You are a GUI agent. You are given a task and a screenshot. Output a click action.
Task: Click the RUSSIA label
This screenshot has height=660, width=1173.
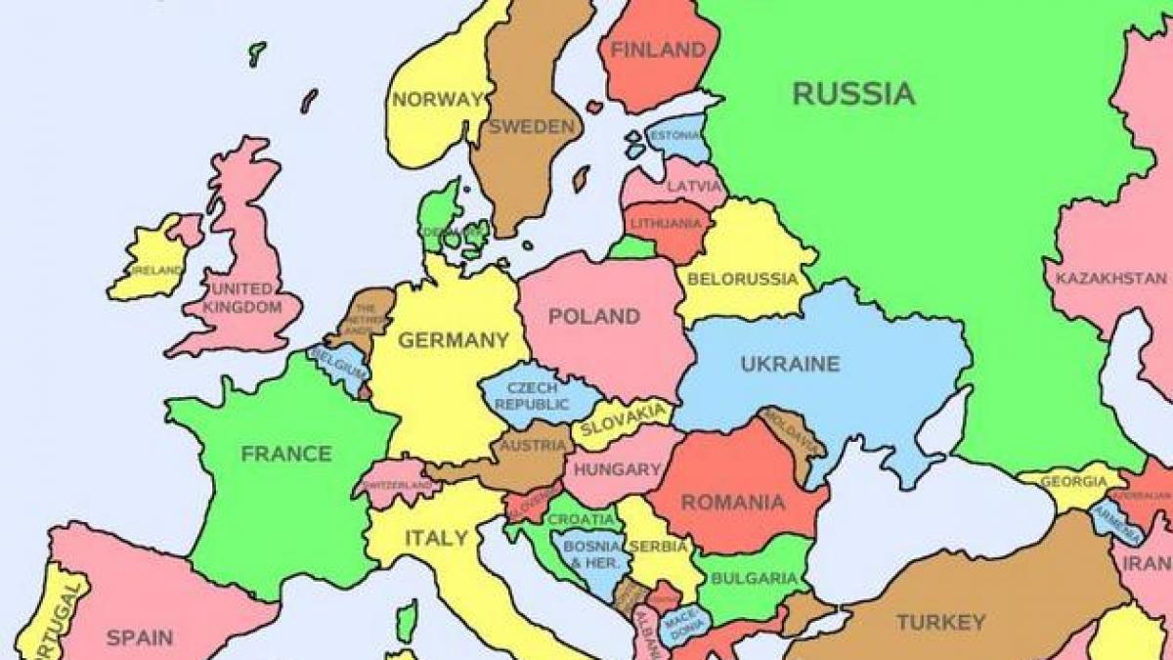pos(853,94)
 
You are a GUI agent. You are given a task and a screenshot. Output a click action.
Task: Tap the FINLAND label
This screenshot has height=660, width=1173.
pos(657,49)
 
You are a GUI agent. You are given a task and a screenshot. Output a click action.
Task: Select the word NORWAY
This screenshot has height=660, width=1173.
pos(438,99)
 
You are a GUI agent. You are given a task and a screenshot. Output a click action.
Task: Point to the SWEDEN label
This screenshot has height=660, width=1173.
pos(532,127)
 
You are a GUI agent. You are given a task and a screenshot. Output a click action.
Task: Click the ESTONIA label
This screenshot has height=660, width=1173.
pos(674,134)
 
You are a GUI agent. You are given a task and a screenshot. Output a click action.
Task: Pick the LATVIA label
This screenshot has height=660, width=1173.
pos(694,186)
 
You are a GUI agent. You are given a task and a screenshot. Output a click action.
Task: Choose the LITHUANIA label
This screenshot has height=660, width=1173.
pos(666,224)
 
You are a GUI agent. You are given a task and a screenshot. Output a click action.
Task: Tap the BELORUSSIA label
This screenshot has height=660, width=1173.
pos(743,279)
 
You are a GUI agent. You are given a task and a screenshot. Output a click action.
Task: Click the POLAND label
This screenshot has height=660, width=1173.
pos(593,317)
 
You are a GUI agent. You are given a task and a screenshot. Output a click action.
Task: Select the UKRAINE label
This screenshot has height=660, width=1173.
pos(790,364)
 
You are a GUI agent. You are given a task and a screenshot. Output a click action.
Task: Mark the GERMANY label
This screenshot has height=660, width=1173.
pos(453,340)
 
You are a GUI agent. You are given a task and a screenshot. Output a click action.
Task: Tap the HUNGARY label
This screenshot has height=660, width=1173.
pos(617,469)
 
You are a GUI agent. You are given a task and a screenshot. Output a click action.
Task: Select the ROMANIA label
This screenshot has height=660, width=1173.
pos(732,503)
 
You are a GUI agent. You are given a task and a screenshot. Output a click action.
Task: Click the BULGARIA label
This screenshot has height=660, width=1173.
pos(754,578)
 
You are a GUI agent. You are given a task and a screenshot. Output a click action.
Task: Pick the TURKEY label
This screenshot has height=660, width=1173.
pos(940,622)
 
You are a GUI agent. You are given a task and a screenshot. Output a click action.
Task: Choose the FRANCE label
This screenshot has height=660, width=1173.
pos(286,454)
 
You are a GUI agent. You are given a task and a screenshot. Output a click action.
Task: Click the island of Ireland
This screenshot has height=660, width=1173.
pos(149,259)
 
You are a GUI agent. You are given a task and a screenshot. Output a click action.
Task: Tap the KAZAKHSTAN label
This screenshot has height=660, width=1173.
pos(1110,279)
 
